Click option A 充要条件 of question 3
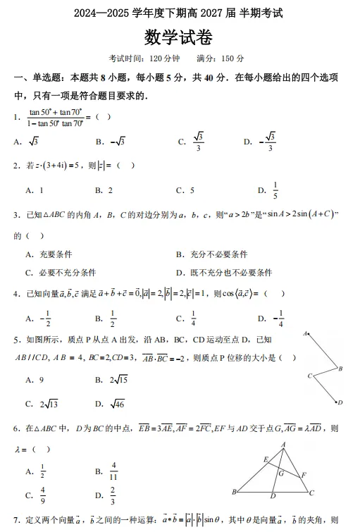point(56,254)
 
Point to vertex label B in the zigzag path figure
point(340,369)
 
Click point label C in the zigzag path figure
point(309,376)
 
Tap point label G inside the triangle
point(280,474)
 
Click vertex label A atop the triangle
point(283,445)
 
